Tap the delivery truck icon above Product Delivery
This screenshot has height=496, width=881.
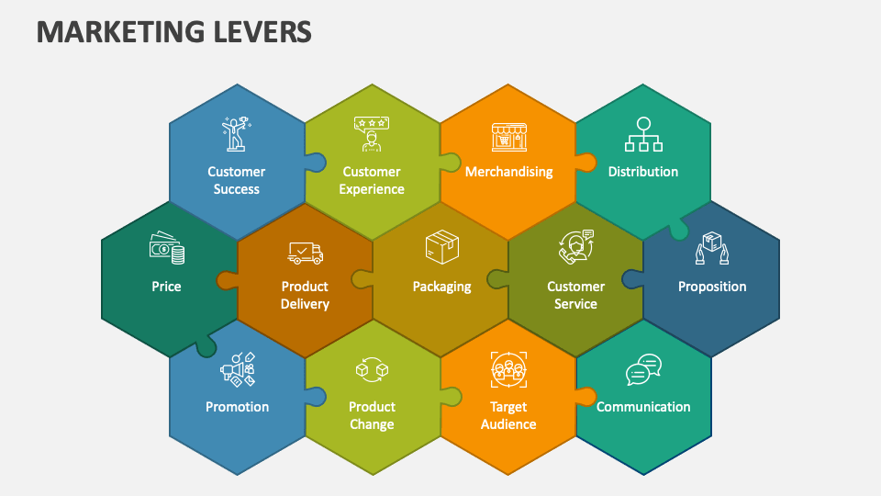305,253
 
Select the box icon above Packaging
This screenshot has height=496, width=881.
441,247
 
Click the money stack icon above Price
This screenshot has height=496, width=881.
167,248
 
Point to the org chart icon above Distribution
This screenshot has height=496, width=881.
643,134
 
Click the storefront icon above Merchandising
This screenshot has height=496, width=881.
508,138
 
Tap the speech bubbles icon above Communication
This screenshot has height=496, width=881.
642,369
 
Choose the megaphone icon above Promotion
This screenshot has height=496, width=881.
237,368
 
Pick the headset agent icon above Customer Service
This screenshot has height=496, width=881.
576,247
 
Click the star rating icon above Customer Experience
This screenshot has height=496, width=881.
372,134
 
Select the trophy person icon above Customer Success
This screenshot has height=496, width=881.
237,134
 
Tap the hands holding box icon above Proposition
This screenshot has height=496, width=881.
711,248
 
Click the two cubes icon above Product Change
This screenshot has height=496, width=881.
372,369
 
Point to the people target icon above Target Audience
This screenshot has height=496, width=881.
508,369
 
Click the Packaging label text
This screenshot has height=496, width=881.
441,287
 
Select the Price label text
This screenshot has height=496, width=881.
167,287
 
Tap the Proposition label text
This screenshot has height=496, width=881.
711,287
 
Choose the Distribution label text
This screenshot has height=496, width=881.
643,172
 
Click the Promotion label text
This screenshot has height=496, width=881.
237,407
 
